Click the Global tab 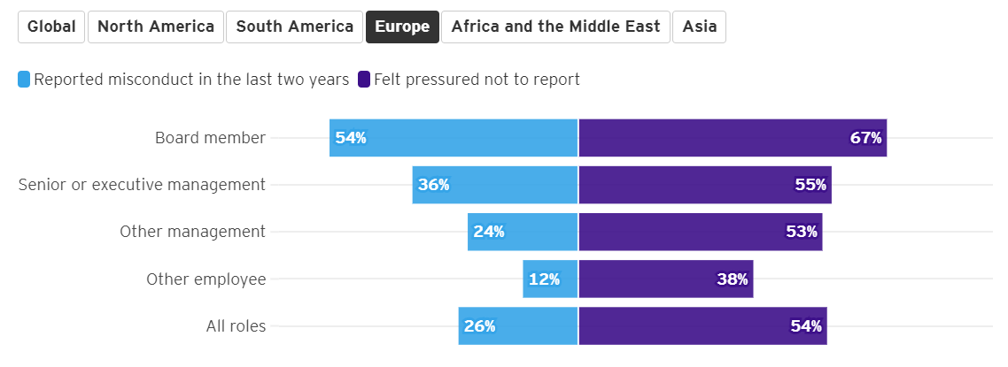[x=51, y=27]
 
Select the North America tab [x=156, y=27]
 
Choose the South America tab [x=295, y=27]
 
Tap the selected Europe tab [x=402, y=27]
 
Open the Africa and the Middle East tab [x=555, y=27]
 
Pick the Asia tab [x=700, y=27]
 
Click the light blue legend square [x=24, y=80]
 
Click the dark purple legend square [x=364, y=80]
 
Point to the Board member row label [x=210, y=138]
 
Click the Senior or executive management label [x=142, y=185]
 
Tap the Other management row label [x=192, y=232]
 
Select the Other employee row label [x=205, y=279]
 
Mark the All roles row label [x=236, y=326]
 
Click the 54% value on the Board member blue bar [x=351, y=138]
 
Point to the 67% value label [x=865, y=138]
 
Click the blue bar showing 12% [x=549, y=279]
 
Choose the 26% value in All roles [x=479, y=326]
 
